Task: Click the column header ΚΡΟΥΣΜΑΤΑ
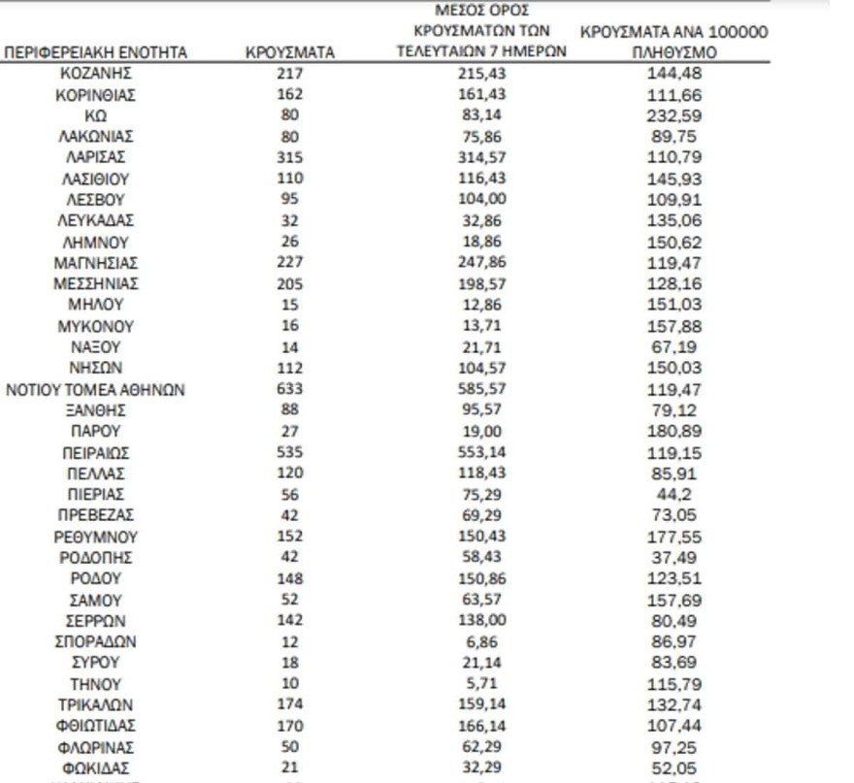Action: point(289,53)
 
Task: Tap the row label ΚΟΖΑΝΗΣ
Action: point(96,74)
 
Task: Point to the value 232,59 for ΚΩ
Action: point(673,115)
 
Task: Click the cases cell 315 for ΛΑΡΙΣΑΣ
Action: point(289,157)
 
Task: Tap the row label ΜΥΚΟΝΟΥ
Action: point(96,327)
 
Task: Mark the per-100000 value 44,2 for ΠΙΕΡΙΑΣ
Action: point(673,495)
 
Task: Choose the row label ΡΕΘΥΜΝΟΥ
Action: point(96,538)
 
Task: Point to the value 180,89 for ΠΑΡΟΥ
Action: point(673,432)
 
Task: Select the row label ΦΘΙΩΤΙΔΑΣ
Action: point(96,727)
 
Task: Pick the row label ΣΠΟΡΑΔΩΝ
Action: point(96,642)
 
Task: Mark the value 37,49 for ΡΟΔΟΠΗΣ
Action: point(673,559)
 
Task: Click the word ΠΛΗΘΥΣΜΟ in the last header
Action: point(673,53)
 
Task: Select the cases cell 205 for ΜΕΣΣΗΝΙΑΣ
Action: point(289,284)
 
